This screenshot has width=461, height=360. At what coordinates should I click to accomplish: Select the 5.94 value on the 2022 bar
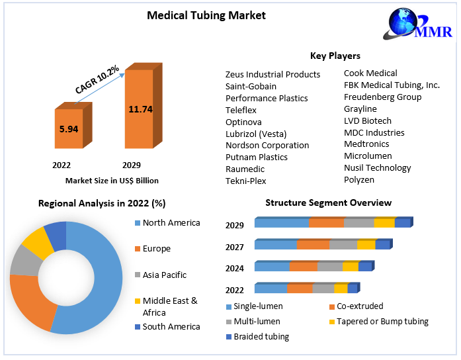click(69, 129)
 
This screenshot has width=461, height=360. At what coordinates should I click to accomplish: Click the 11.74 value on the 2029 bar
click(140, 109)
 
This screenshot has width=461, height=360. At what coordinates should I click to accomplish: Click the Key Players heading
click(335, 56)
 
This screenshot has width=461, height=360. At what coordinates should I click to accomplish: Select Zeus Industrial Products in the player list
click(272, 74)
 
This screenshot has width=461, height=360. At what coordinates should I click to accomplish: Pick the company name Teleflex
click(241, 110)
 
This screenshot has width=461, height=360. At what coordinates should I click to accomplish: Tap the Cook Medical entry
click(370, 73)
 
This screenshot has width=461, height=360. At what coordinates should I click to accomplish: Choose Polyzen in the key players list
click(359, 179)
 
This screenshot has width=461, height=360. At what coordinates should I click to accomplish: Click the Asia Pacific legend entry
click(164, 275)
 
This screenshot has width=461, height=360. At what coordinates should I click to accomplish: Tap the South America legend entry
click(171, 326)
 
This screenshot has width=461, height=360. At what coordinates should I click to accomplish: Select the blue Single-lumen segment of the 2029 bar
click(281, 223)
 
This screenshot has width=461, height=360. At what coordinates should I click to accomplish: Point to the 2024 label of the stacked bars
click(235, 268)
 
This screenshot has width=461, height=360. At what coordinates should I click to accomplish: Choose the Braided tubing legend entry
click(262, 336)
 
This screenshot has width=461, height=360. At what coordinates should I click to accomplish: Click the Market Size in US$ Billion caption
click(112, 180)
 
